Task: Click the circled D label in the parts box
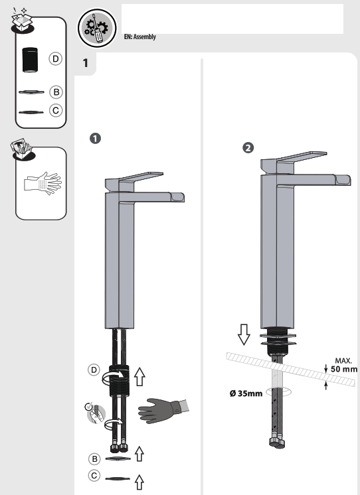pos(56,60)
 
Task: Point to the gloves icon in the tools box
pos(41,183)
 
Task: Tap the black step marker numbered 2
pos(248,147)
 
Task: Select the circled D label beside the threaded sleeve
pos(96,368)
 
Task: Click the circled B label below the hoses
pos(96,459)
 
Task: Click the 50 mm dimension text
pos(343,369)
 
